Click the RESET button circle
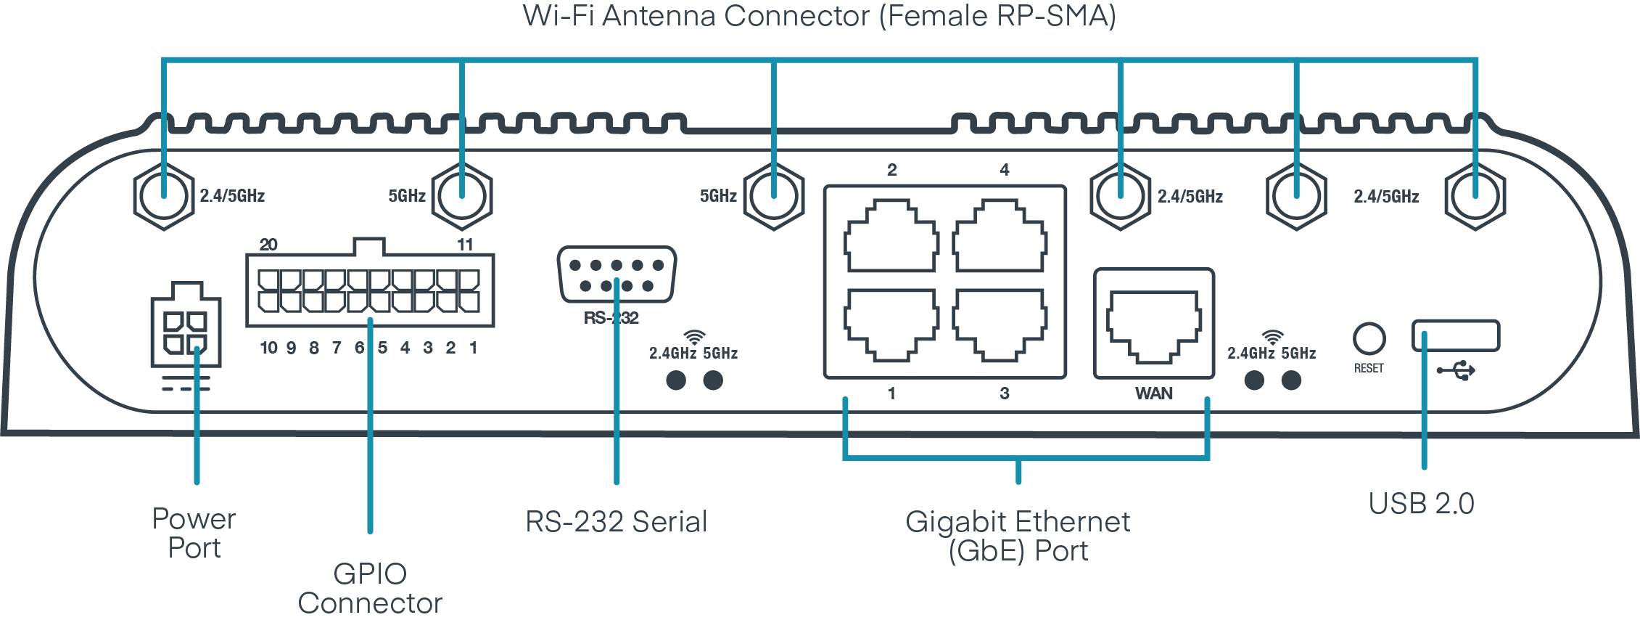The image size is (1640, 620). (x=1369, y=338)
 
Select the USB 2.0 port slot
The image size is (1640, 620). (x=1455, y=335)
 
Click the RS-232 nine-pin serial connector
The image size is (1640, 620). (x=617, y=274)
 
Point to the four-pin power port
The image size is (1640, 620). (x=186, y=332)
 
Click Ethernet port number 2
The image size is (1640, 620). (x=891, y=237)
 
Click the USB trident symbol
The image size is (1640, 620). (x=1456, y=371)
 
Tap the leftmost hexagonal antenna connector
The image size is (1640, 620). (x=164, y=196)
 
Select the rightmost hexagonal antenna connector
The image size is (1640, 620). (x=1475, y=196)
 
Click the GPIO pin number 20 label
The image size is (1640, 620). (x=268, y=245)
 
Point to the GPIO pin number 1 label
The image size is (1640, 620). (x=473, y=348)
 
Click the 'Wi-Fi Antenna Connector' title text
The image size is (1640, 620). (x=820, y=16)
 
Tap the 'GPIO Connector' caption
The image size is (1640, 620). (x=370, y=588)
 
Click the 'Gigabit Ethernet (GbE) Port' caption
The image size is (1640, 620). (x=1018, y=536)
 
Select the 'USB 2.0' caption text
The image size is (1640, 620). (x=1421, y=503)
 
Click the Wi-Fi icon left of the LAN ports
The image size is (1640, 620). (x=694, y=338)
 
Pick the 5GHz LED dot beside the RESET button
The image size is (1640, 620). (x=1291, y=380)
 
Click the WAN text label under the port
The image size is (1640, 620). (x=1153, y=393)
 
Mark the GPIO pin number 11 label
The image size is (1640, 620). (x=465, y=245)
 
